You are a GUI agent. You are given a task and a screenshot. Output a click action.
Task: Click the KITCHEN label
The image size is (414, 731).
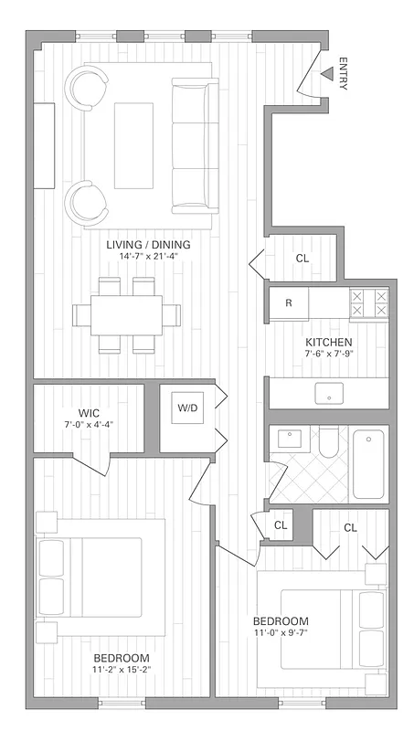(x=328, y=343)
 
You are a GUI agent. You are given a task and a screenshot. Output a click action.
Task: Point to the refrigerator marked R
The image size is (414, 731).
(x=289, y=302)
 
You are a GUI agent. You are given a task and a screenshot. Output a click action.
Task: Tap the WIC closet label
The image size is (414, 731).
(x=89, y=411)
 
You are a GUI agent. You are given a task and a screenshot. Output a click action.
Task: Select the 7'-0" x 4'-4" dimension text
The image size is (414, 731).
(x=89, y=424)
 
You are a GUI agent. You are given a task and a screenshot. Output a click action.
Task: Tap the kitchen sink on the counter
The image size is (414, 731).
(x=328, y=393)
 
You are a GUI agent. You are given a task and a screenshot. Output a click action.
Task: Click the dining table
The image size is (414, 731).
(x=125, y=314)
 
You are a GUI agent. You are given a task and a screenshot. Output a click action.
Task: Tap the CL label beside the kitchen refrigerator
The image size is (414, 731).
(x=302, y=259)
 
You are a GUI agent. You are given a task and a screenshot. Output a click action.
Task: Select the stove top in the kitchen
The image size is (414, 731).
(x=368, y=302)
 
